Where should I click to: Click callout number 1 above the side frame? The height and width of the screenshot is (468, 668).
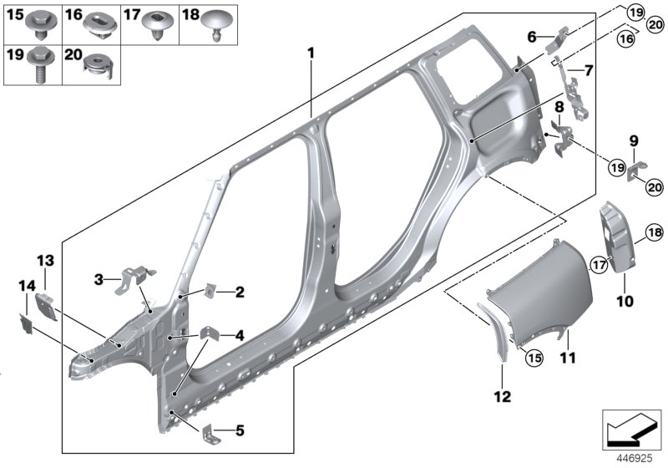click(x=311, y=54)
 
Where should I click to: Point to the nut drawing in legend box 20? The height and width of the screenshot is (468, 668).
click(x=99, y=67)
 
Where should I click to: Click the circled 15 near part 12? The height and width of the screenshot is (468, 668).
click(x=534, y=359)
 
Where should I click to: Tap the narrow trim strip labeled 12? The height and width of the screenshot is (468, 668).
click(x=496, y=333)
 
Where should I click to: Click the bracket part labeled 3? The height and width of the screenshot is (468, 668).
click(x=137, y=277)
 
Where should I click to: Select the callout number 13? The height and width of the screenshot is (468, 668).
click(x=44, y=260)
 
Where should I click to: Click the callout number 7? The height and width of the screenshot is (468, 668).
click(x=590, y=69)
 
